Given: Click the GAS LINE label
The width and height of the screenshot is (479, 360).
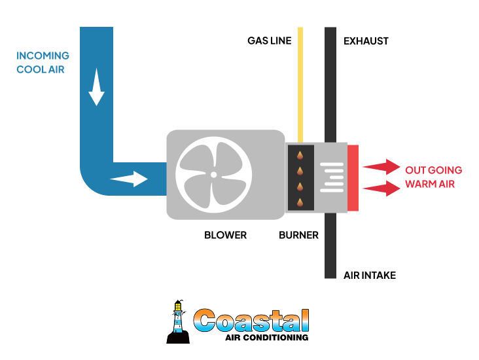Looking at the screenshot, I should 269,41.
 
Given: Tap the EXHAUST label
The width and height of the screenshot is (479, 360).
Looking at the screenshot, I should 366,41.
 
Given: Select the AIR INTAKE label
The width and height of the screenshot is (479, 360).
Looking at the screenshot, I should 370,276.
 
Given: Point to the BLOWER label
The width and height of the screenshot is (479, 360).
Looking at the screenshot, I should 225,235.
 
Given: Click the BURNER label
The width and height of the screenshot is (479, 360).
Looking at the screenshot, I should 298,235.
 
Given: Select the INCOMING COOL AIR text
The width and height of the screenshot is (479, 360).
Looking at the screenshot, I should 43,62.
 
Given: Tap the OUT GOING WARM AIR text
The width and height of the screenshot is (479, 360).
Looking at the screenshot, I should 433,177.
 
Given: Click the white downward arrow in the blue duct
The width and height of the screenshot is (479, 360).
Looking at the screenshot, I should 97,90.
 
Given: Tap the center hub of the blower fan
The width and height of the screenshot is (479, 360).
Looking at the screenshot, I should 213,175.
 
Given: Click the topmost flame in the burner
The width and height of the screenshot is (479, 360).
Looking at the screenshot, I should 300,155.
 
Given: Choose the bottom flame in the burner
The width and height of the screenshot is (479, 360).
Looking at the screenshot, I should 300,202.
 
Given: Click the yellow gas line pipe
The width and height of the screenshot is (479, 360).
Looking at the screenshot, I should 300,85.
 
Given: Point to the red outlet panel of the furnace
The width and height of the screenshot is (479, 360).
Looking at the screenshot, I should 353,178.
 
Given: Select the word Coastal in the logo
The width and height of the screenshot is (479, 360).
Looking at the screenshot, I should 252,320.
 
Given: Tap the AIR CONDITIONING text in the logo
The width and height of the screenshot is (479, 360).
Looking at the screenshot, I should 266,338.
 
